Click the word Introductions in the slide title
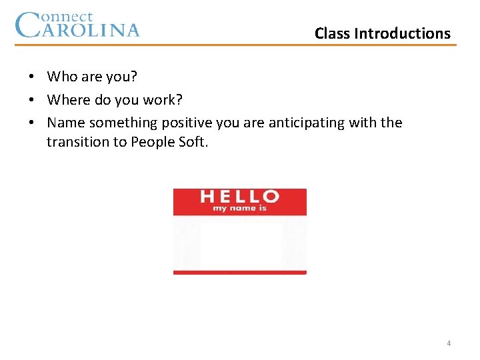click(402, 33)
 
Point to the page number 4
click(449, 343)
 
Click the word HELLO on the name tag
click(240, 197)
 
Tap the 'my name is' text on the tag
click(240, 209)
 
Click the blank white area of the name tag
click(240, 243)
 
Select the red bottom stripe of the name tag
click(240, 272)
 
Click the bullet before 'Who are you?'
click(31, 77)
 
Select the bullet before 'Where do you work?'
click(31, 100)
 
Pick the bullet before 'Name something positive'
click(31, 123)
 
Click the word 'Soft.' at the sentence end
click(193, 141)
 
